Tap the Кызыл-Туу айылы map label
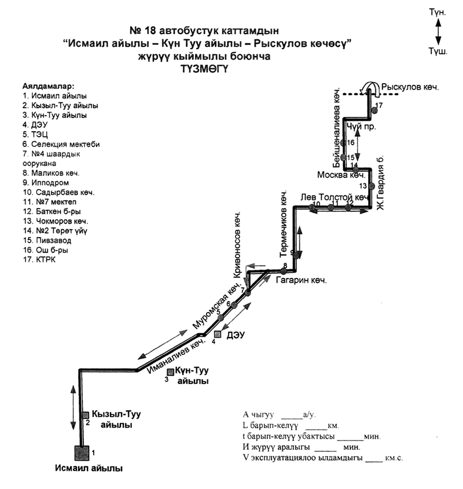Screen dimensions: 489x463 pos(116,419)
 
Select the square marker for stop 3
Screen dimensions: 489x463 pos(170,372)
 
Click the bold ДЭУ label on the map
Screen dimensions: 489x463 pos(233,335)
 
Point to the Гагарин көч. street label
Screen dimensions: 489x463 pos(302,281)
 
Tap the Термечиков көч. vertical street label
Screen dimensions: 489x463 pos(284,225)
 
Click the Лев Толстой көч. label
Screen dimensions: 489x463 pos(335,198)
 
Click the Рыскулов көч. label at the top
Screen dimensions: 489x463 pos(414,88)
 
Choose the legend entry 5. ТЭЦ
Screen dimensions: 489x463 pos(35,134)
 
